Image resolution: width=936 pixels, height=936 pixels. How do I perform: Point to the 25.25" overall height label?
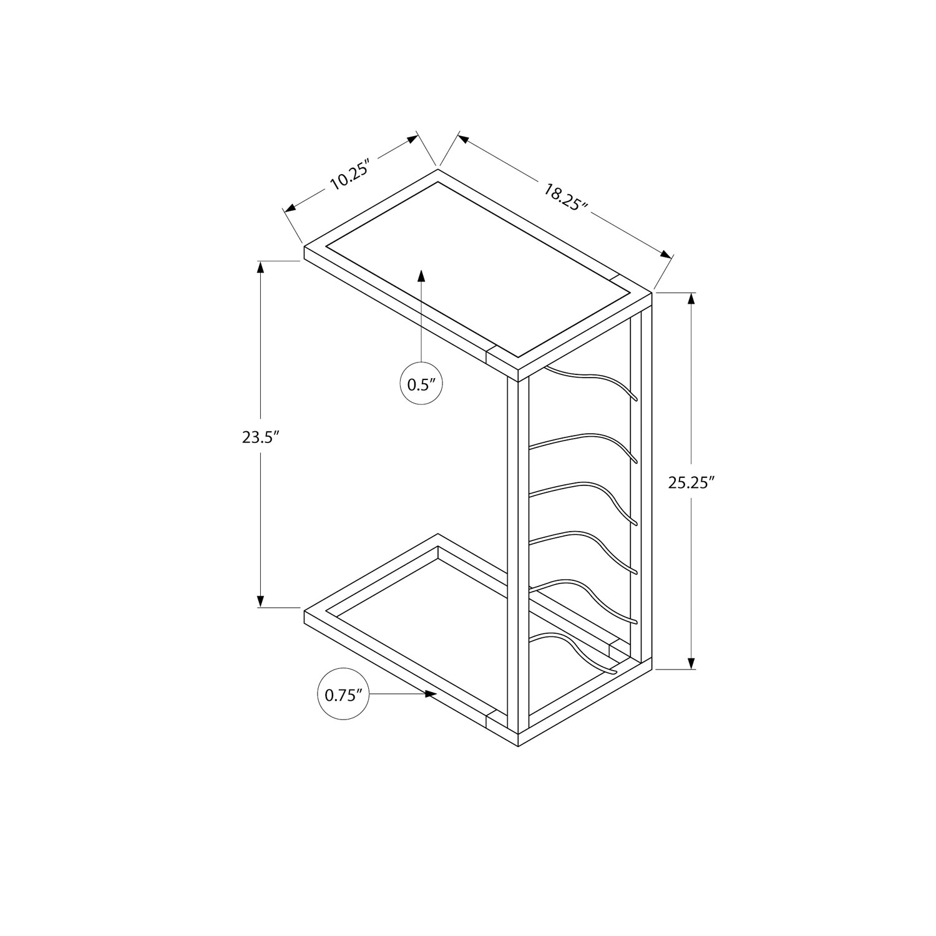[691, 483]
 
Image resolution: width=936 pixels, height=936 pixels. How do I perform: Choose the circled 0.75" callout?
[343, 695]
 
